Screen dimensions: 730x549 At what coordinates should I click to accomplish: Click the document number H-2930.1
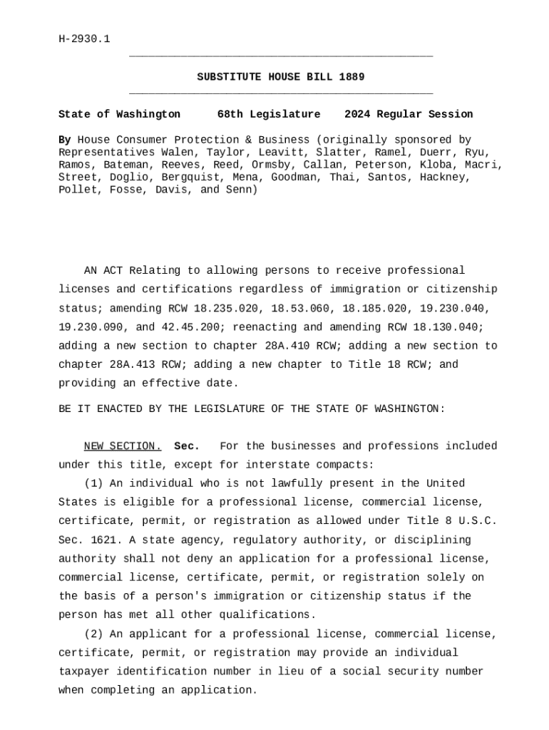click(84, 38)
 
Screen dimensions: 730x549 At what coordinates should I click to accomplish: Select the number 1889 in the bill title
click(352, 77)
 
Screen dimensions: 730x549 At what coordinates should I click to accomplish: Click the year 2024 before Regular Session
click(357, 114)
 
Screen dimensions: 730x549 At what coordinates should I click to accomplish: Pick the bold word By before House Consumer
click(65, 140)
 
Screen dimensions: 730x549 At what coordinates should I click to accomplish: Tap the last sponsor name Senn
click(240, 190)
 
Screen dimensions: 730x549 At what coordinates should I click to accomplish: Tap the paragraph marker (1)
click(93, 483)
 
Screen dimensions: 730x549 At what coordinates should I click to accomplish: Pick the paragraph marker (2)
click(93, 634)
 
